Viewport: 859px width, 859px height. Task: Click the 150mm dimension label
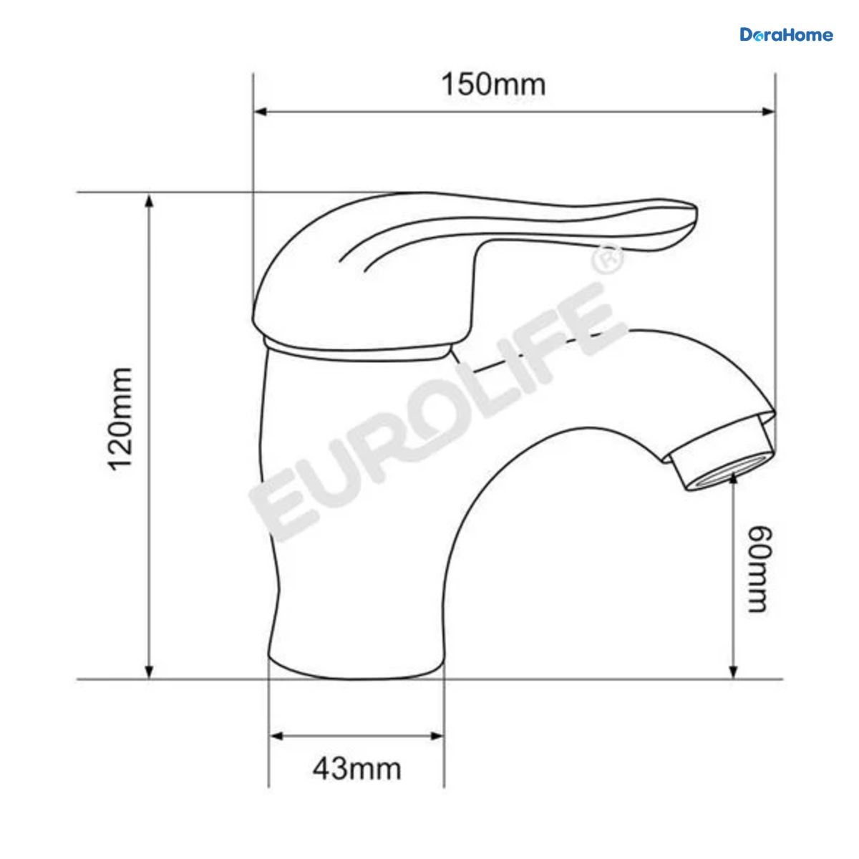[493, 84]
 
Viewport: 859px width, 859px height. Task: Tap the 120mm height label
[120, 419]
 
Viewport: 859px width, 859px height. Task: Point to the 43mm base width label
[356, 769]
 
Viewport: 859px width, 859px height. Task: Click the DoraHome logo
[786, 35]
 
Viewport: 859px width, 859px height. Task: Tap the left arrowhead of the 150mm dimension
[259, 112]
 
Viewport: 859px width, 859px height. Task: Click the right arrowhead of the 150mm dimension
[769, 112]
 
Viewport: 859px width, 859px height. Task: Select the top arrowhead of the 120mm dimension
[150, 200]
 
